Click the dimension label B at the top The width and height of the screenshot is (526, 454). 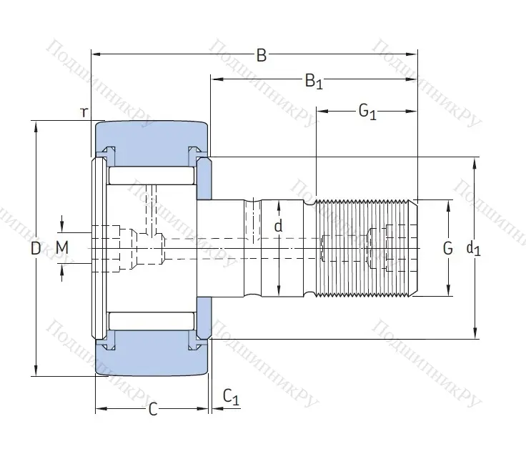pyautogui.click(x=262, y=56)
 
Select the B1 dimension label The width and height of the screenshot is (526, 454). pyautogui.click(x=314, y=82)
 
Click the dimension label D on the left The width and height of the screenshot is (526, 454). pyautogui.click(x=36, y=249)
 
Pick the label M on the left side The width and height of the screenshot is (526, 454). pyautogui.click(x=62, y=248)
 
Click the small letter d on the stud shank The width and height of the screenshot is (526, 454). pyautogui.click(x=279, y=226)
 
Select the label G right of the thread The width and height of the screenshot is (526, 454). pyautogui.click(x=448, y=248)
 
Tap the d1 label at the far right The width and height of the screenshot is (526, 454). pyautogui.click(x=473, y=248)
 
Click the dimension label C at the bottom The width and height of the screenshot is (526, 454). pyautogui.click(x=152, y=410)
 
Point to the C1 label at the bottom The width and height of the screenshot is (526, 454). pyautogui.click(x=230, y=396)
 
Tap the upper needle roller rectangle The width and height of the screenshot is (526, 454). pyautogui.click(x=151, y=174)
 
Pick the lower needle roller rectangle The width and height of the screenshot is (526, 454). pyautogui.click(x=151, y=321)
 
